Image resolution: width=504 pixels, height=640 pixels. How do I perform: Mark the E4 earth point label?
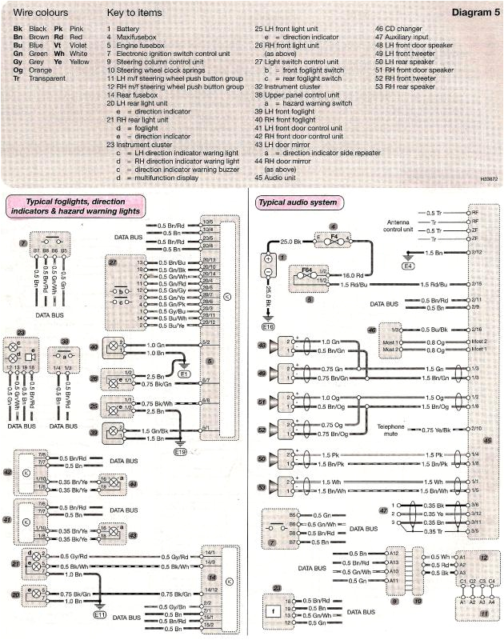(408, 264)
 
